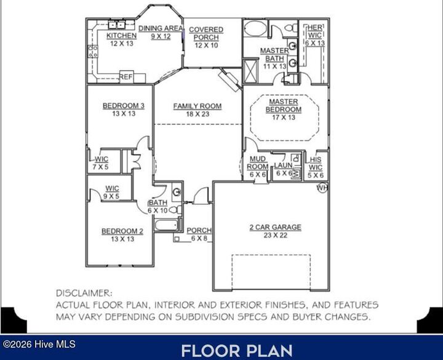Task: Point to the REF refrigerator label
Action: pos(126,77)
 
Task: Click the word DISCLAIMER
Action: pos(84,294)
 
